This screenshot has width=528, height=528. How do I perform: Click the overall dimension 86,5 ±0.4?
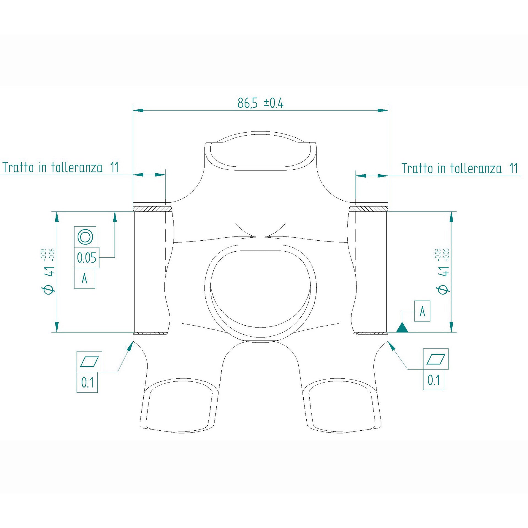click(260, 103)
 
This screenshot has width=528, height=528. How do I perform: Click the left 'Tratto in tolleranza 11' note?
click(61, 167)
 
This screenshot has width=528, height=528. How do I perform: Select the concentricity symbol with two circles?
click(85, 237)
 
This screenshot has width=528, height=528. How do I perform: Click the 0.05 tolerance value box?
click(87, 258)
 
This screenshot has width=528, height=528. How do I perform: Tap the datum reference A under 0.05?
click(84, 279)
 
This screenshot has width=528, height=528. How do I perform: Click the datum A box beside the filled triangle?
click(422, 311)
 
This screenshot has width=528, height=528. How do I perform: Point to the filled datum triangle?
click(402, 328)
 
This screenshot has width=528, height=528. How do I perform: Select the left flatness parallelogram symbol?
click(89, 362)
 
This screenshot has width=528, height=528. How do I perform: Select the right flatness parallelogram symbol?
click(436, 359)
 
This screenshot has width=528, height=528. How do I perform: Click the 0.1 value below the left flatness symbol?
click(87, 383)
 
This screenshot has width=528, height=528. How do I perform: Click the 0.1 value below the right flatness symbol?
click(433, 380)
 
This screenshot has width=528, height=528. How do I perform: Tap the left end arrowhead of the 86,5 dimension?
click(138, 110)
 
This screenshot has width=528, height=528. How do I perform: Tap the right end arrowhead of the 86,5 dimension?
click(383, 110)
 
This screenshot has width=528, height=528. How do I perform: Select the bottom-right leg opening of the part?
click(342, 407)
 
